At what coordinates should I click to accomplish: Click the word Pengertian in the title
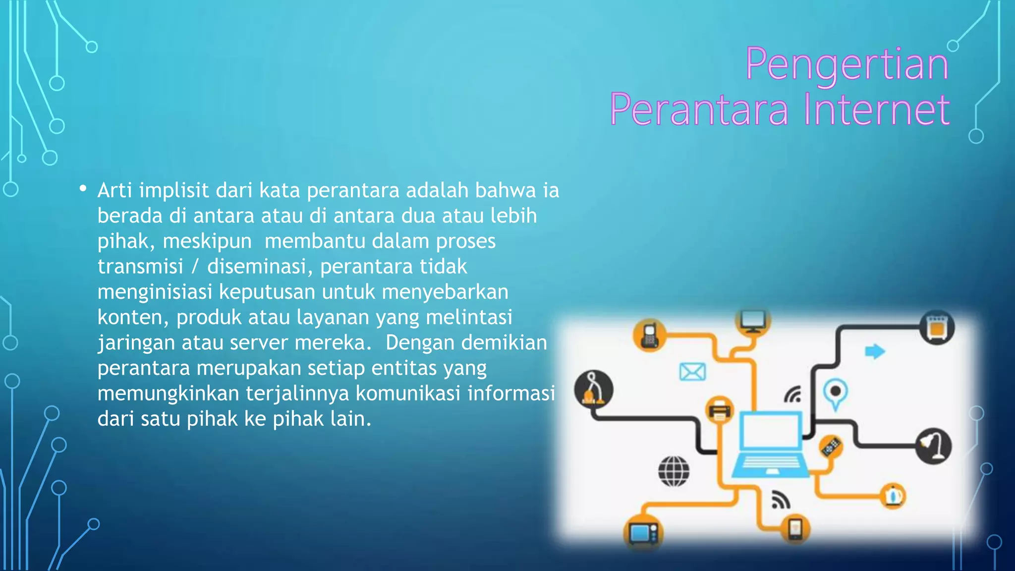click(x=846, y=64)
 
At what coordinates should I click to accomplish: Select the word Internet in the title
click(x=876, y=110)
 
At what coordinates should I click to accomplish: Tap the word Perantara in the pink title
click(x=699, y=110)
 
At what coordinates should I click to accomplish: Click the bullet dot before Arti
click(x=83, y=189)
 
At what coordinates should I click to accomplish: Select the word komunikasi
click(x=407, y=394)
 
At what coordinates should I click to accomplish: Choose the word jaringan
click(x=136, y=343)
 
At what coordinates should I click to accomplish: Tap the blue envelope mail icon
click(x=692, y=372)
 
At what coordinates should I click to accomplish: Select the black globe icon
click(x=674, y=471)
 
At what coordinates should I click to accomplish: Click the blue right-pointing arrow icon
click(x=875, y=351)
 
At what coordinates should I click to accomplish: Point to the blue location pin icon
click(x=836, y=394)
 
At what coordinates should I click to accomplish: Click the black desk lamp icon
click(x=933, y=446)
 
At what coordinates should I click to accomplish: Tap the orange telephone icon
click(x=649, y=336)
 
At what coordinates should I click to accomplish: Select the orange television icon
click(x=643, y=533)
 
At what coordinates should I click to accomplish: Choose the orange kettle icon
click(x=893, y=496)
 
